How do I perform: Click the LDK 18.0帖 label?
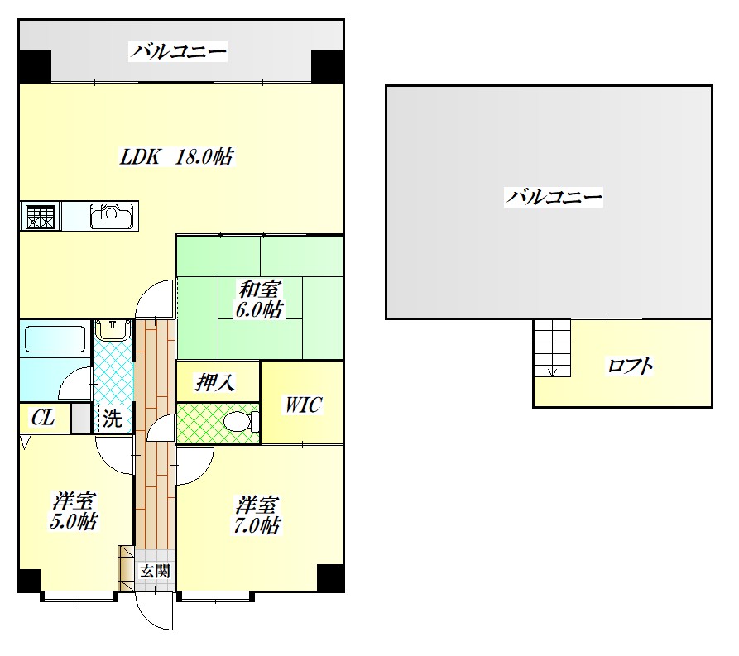coord(176,156)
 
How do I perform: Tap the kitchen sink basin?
coord(111,216)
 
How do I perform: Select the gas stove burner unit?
coord(41,216)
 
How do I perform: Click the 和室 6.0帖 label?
coord(259,299)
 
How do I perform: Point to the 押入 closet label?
coord(215,382)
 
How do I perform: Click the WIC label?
coord(303,405)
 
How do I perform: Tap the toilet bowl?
coord(241,421)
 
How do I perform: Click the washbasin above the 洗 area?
coord(113,329)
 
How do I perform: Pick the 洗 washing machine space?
coord(113,419)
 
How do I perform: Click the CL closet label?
coord(43,418)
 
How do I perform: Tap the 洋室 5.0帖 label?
coord(74,511)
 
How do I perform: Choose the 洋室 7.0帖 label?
coord(257,515)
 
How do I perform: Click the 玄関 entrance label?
coord(155,571)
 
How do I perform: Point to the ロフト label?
coord(630,366)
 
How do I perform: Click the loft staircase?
coord(552,347)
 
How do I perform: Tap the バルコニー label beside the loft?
coord(554,197)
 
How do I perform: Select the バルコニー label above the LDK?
coord(178,51)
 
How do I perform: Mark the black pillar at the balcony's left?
coord(35,66)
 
